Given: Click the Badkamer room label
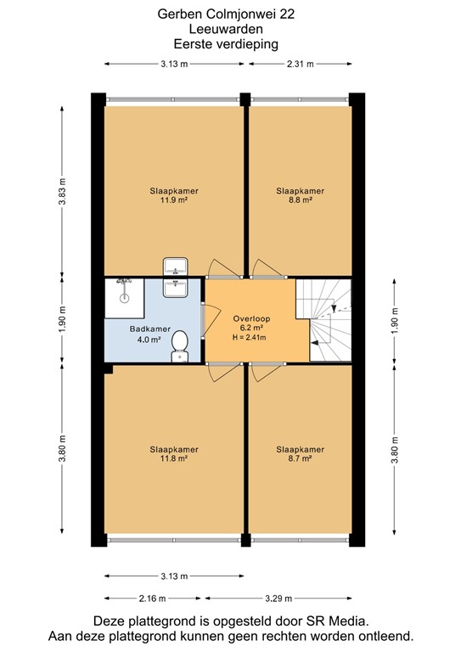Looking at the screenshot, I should pos(150,329).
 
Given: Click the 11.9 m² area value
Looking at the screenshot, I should pos(173,201).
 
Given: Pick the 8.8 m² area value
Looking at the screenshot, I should pos(300,201).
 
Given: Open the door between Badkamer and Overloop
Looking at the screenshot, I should pos(203,320).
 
